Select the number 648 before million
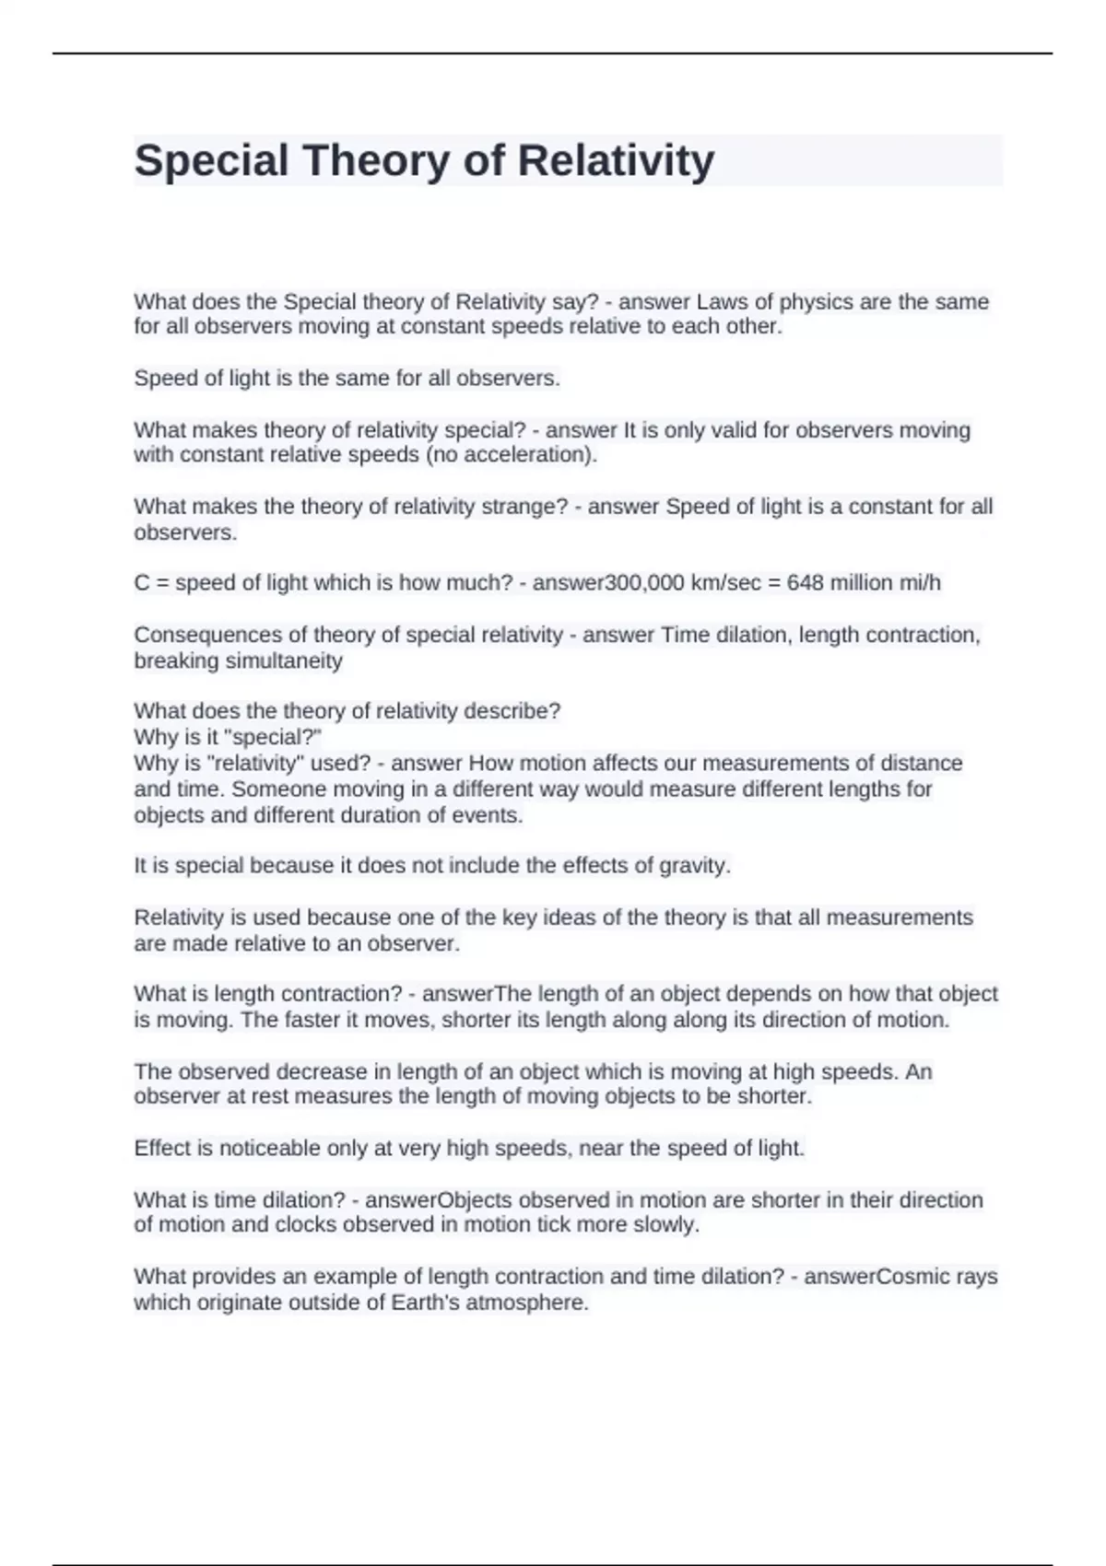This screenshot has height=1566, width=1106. tap(805, 583)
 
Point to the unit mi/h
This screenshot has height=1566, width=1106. tap(917, 583)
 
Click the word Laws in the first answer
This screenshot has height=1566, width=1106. tap(722, 302)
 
